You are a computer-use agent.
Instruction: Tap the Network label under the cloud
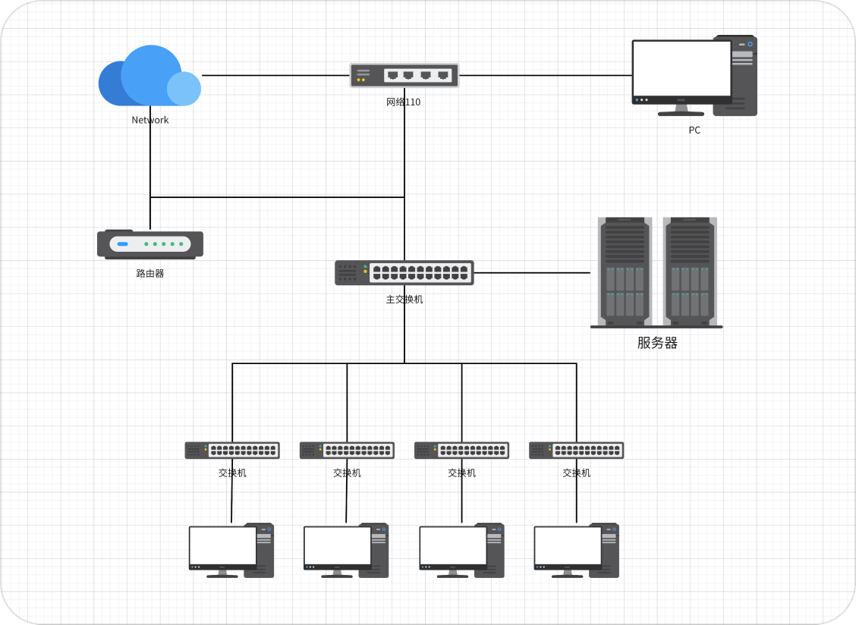coord(150,120)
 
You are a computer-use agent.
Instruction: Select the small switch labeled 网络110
coord(404,75)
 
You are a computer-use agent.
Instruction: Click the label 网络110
coord(403,102)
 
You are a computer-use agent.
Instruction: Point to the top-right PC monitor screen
coord(681,68)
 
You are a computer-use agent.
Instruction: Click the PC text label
coord(694,130)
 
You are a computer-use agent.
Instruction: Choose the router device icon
coord(150,244)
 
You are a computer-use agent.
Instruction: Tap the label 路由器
coord(150,274)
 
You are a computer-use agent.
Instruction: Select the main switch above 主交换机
coord(404,273)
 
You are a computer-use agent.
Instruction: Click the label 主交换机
coord(404,300)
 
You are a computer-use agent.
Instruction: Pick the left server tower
coord(625,271)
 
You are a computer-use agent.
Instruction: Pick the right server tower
coord(690,271)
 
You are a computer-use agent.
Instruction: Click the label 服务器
coord(657,343)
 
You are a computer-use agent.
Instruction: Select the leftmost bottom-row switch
coord(232,451)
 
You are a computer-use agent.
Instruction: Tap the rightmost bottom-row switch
coord(576,451)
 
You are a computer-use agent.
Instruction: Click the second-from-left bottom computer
coord(346,551)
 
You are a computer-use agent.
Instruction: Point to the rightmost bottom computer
coord(576,551)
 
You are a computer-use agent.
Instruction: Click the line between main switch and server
coord(531,272)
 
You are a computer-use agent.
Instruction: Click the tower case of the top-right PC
coord(744,76)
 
